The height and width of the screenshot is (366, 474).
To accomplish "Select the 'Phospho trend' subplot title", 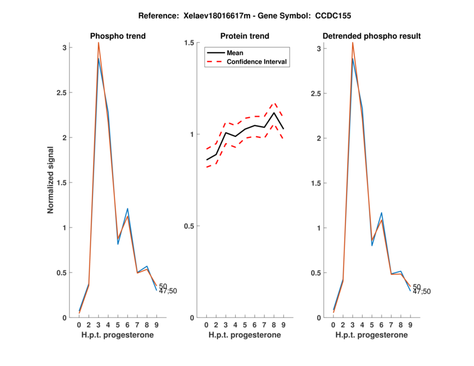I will coord(118,36).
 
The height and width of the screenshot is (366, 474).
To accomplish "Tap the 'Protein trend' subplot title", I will coord(245,36).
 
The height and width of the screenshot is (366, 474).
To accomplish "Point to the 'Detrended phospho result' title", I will coord(371,36).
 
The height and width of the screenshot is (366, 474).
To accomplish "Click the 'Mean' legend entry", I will coord(235,53).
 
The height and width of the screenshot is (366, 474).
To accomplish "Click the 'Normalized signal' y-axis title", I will coord(52,181).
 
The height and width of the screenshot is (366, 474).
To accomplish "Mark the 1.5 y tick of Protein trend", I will coord(189,43).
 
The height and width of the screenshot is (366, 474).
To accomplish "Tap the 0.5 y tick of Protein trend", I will coord(189,226).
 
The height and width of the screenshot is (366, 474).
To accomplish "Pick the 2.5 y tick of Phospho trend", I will coord(62,92).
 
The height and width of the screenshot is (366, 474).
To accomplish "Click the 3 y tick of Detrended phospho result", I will coord(318,49).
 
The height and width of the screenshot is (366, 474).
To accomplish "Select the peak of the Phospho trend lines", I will coord(98,44).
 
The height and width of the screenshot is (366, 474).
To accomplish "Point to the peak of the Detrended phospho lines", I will coord(353,43).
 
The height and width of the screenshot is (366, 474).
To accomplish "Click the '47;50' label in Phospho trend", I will coord(168,291).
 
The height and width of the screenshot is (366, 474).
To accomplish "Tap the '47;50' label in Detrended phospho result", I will coord(422,291).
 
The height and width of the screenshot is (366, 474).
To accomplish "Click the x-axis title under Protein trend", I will coord(245,335).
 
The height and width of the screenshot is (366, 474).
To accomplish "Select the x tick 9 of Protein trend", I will coord(283,325).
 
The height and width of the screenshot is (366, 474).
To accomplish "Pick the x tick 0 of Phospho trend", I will coord(79,325).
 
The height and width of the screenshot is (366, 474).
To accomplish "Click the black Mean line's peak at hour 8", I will coord(274,113).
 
